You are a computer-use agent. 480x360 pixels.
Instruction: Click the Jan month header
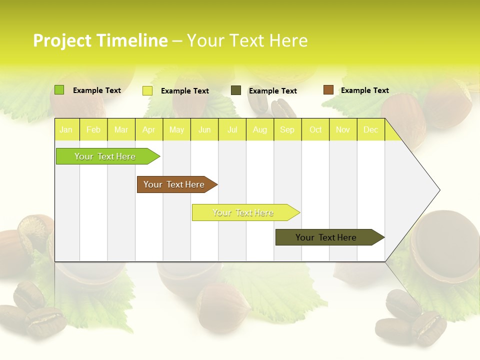pyautogui.click(x=66, y=130)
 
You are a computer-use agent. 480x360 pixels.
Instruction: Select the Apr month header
pyautogui.click(x=149, y=130)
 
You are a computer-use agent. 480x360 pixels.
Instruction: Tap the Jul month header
pyautogui.click(x=232, y=130)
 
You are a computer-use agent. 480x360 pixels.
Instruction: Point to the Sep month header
pyautogui.click(x=287, y=130)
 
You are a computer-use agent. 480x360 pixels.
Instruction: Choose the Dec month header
pyautogui.click(x=371, y=130)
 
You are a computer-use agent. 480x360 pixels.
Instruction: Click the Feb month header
pyautogui.click(x=93, y=130)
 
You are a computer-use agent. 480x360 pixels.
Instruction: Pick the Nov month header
pyautogui.click(x=343, y=130)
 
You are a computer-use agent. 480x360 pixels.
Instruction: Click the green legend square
pyautogui.click(x=59, y=90)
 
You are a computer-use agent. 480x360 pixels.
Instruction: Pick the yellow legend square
pyautogui.click(x=147, y=90)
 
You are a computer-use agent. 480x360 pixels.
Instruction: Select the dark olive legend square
pyautogui.click(x=236, y=90)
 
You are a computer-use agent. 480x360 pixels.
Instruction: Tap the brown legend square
pyautogui.click(x=328, y=90)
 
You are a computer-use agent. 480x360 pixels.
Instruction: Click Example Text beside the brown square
pyautogui.click(x=364, y=90)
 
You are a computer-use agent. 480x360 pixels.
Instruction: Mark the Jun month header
pyautogui.click(x=204, y=130)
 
